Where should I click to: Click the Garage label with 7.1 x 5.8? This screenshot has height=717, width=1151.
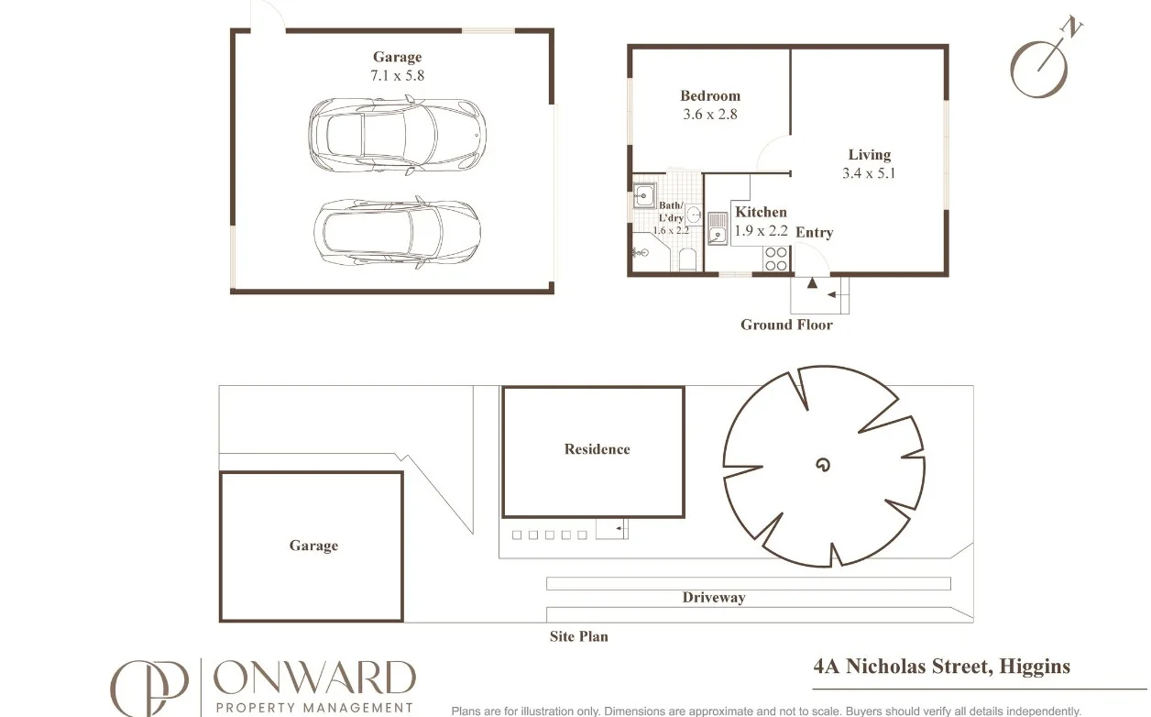[x=397, y=67]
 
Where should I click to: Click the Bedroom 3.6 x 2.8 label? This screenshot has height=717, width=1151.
[x=710, y=105]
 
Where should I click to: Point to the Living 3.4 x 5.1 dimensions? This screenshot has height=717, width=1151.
[x=868, y=173]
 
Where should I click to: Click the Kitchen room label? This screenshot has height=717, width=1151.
[x=761, y=212]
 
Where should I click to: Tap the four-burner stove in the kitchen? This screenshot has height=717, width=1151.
[x=775, y=259]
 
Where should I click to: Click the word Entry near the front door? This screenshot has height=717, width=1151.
[x=814, y=233]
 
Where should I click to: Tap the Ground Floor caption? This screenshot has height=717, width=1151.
[x=786, y=325]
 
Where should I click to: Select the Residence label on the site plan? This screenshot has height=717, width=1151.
[x=597, y=449]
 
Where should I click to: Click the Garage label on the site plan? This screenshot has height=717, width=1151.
[x=313, y=546]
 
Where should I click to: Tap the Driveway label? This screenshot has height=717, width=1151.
[x=713, y=598]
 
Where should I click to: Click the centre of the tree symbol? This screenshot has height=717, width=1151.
[x=823, y=465]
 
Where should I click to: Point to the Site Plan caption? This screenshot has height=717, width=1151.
[x=578, y=636]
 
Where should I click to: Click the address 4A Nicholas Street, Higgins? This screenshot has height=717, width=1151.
[x=941, y=667]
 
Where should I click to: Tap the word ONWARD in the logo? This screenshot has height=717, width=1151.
[x=314, y=678]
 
